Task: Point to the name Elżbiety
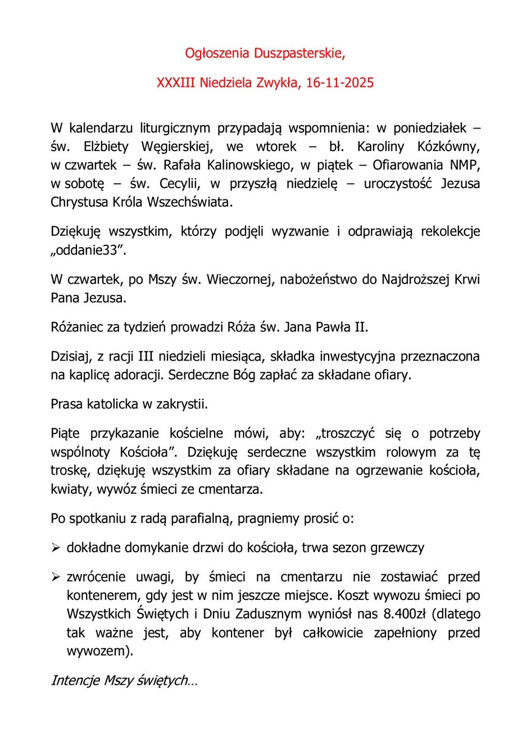105,147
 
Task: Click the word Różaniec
75,327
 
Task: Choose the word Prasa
66,403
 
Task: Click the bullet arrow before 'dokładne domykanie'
56,548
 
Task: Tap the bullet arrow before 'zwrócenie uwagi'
56,577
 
